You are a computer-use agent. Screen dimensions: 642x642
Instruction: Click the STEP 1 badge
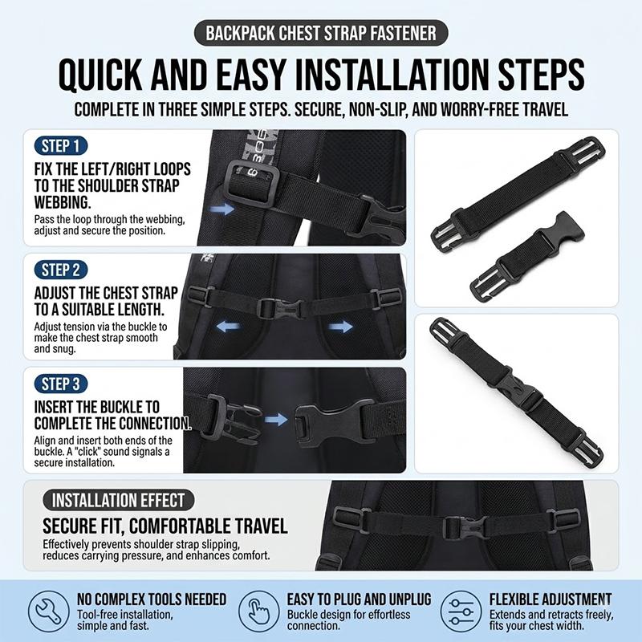(61, 146)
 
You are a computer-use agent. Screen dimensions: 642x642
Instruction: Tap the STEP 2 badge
(61, 270)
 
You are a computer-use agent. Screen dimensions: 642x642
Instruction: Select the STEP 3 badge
(61, 384)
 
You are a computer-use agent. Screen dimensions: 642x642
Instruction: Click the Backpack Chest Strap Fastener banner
(321, 33)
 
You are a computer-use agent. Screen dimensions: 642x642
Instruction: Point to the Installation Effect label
(118, 500)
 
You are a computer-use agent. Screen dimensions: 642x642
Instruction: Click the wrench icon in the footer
(49, 612)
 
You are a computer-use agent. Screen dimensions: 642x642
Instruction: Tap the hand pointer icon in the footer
(258, 612)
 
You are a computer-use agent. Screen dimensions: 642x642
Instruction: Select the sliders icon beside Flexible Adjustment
(461, 612)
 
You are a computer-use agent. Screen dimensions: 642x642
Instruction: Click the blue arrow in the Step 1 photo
(221, 209)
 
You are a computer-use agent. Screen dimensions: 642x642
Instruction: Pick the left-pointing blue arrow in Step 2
(228, 327)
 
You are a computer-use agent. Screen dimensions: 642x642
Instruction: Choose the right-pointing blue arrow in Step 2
(340, 327)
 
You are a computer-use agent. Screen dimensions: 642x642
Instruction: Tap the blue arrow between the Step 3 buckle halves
(276, 419)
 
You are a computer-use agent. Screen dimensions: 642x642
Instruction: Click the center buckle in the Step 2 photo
(282, 308)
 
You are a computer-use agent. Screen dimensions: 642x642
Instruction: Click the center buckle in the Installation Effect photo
(466, 528)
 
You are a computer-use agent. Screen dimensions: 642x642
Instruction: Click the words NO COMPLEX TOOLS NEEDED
(152, 599)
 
